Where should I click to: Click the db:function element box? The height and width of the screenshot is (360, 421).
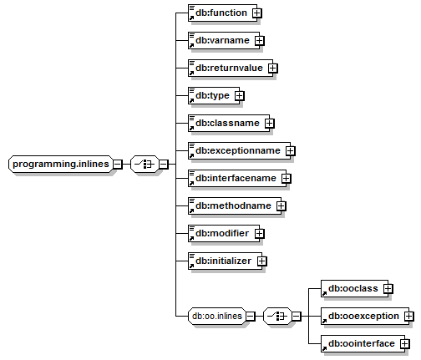coord(222,13)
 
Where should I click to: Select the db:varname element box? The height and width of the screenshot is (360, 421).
coord(224,40)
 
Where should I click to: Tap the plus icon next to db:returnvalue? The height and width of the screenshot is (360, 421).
coord(273,68)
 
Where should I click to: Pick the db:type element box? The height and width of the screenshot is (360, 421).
coord(214,95)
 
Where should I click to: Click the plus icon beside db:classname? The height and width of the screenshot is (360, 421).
coord(270,124)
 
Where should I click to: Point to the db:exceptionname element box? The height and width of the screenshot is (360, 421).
coord(239,150)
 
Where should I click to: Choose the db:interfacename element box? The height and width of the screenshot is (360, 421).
coord(237,178)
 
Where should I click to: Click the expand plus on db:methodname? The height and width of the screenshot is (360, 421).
coord(282,206)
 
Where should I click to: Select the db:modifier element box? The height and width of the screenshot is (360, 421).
coord(224,233)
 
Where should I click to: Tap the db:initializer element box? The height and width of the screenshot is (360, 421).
coord(225,261)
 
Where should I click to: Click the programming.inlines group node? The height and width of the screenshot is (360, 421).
coord(61,164)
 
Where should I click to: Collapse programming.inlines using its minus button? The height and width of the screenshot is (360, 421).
coord(118,165)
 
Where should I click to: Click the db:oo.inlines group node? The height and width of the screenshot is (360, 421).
coord(217,316)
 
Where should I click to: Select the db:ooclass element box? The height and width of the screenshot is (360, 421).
coord(354,288)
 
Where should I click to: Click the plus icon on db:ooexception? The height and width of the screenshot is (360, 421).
coord(409,317)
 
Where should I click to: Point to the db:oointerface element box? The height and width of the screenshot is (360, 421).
coord(363,343)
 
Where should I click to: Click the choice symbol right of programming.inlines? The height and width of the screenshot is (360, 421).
coord(145,164)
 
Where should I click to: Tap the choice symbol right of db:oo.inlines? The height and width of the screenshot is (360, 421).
coord(277,316)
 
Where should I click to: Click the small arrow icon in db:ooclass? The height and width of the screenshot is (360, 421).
coord(324,293)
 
